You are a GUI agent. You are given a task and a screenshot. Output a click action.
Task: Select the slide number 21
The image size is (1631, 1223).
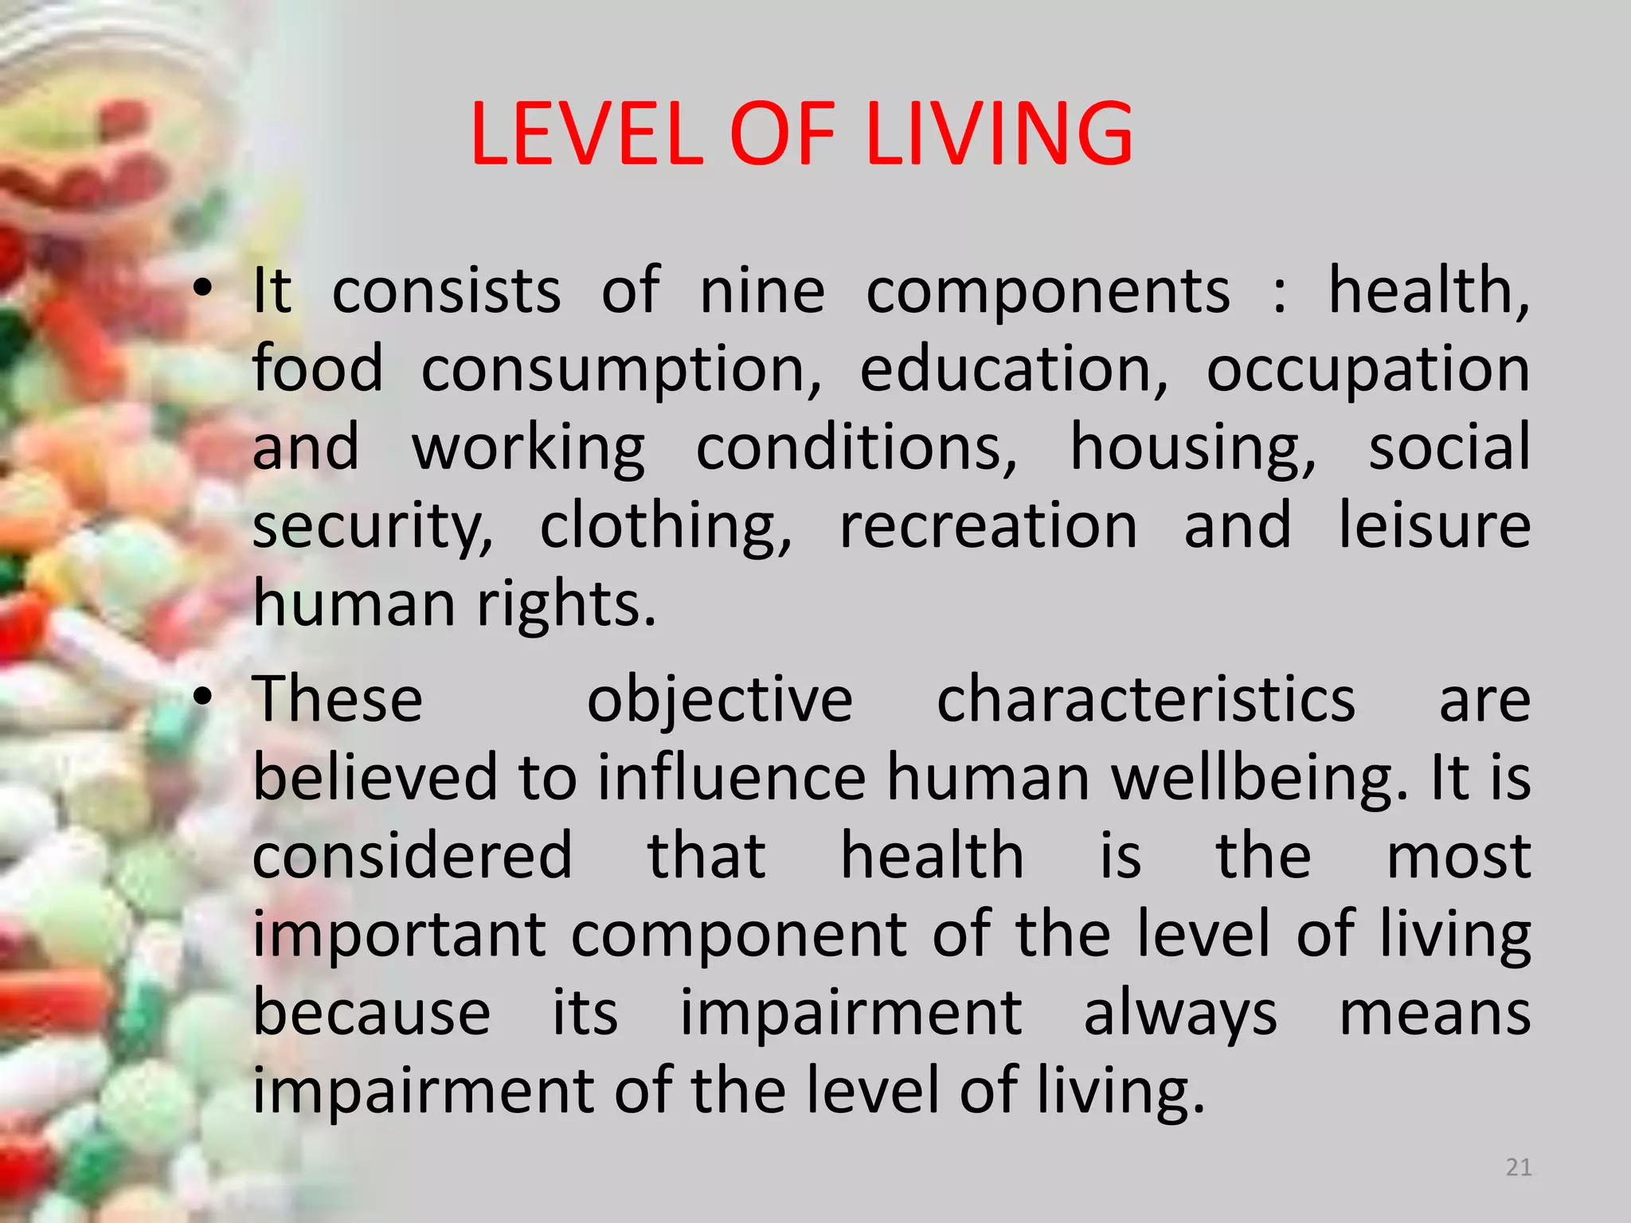pos(1519,1167)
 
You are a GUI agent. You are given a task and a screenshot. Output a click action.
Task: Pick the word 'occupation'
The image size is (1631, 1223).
pos(1367,369)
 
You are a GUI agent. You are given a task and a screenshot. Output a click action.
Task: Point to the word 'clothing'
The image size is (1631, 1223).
pos(666,526)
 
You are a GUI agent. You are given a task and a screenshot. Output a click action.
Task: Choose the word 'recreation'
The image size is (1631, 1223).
pos(988,526)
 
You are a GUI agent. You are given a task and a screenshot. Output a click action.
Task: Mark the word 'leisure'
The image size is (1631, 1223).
pos(1433,526)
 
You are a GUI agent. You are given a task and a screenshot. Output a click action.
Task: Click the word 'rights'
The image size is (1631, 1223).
pos(566,605)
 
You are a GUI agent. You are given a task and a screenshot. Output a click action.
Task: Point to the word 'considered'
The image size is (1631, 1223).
pos(413,856)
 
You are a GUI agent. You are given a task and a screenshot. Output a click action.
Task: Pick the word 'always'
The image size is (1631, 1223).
pos(1180,1014)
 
